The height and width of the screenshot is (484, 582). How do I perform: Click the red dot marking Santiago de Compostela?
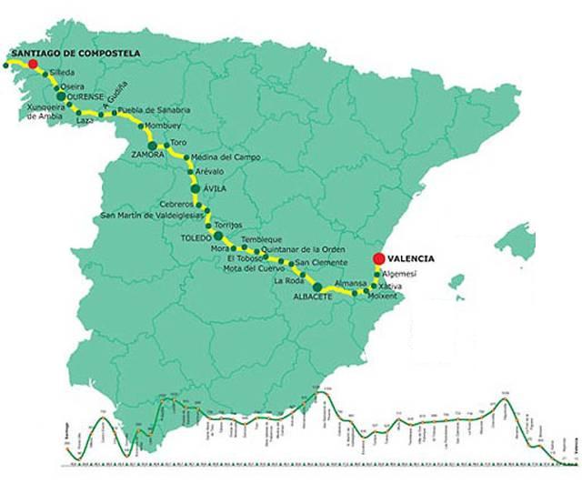coord(34,65)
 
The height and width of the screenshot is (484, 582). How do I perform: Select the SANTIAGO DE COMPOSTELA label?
coord(75,55)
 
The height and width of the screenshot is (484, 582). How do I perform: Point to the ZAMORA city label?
coord(147,156)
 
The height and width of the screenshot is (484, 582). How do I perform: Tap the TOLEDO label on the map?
coord(196,237)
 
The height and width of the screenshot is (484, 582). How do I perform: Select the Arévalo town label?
coord(209,171)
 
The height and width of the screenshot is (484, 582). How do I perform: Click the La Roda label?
coord(288,281)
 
